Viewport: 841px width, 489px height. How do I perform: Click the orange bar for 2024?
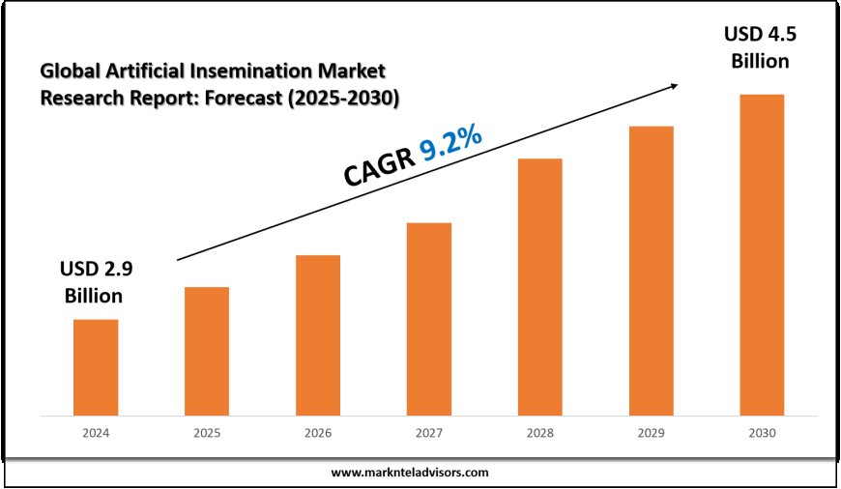pos(96,367)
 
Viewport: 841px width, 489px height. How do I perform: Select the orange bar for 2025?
pos(207,351)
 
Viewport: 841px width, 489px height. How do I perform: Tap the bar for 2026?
pos(318,335)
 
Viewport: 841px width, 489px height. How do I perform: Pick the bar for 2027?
pos(429,319)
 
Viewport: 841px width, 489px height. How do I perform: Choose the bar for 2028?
pos(539,287)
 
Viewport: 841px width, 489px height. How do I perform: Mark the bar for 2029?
pos(651,271)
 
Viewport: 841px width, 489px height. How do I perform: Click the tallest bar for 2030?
pos(762,255)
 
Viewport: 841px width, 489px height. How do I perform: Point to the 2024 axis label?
pos(96,435)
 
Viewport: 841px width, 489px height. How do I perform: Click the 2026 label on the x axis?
pos(318,435)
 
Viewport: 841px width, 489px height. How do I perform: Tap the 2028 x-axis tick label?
pos(539,435)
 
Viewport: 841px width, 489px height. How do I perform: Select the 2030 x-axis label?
pos(762,435)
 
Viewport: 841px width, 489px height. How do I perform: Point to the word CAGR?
pos(378,166)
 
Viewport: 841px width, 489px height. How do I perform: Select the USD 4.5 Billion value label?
pos(758,47)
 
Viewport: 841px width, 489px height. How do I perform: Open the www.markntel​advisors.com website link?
pos(410,473)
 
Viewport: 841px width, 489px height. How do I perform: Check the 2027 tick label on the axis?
pos(429,435)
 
